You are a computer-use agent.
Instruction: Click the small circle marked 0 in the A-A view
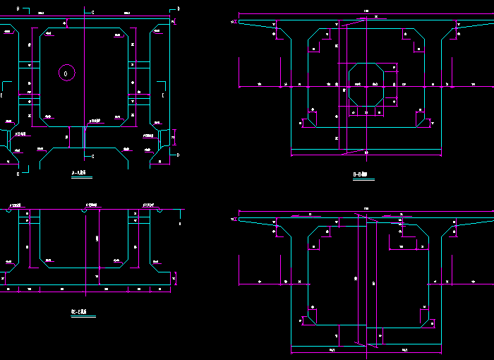[x=66, y=73]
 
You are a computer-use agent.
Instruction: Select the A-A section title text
[x=79, y=172]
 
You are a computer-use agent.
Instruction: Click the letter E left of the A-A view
[x=2, y=95]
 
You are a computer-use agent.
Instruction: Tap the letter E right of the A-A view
[x=163, y=95]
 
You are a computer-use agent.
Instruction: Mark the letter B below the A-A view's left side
[x=18, y=173]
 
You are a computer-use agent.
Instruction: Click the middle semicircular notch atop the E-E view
[x=85, y=210]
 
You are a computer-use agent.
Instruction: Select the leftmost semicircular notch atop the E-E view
[x=10, y=210]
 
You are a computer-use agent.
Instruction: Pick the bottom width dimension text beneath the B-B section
[x=365, y=152]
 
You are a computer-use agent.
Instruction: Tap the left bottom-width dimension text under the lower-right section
[x=330, y=349]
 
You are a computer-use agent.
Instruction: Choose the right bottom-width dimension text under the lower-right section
[x=404, y=349]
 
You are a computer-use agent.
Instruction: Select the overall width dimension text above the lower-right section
[x=366, y=208]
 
